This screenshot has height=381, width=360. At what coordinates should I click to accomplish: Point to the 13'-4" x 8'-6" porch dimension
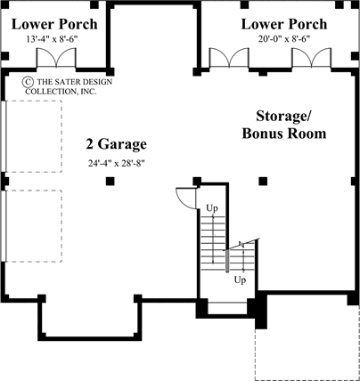point(48,39)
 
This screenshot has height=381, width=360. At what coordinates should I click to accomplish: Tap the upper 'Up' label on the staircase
point(212,208)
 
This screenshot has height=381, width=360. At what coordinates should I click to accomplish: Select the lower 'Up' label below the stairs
point(240,279)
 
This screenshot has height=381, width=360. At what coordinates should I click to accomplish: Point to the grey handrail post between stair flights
point(228,260)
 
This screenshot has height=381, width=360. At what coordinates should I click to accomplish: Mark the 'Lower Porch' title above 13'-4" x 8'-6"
point(48,22)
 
